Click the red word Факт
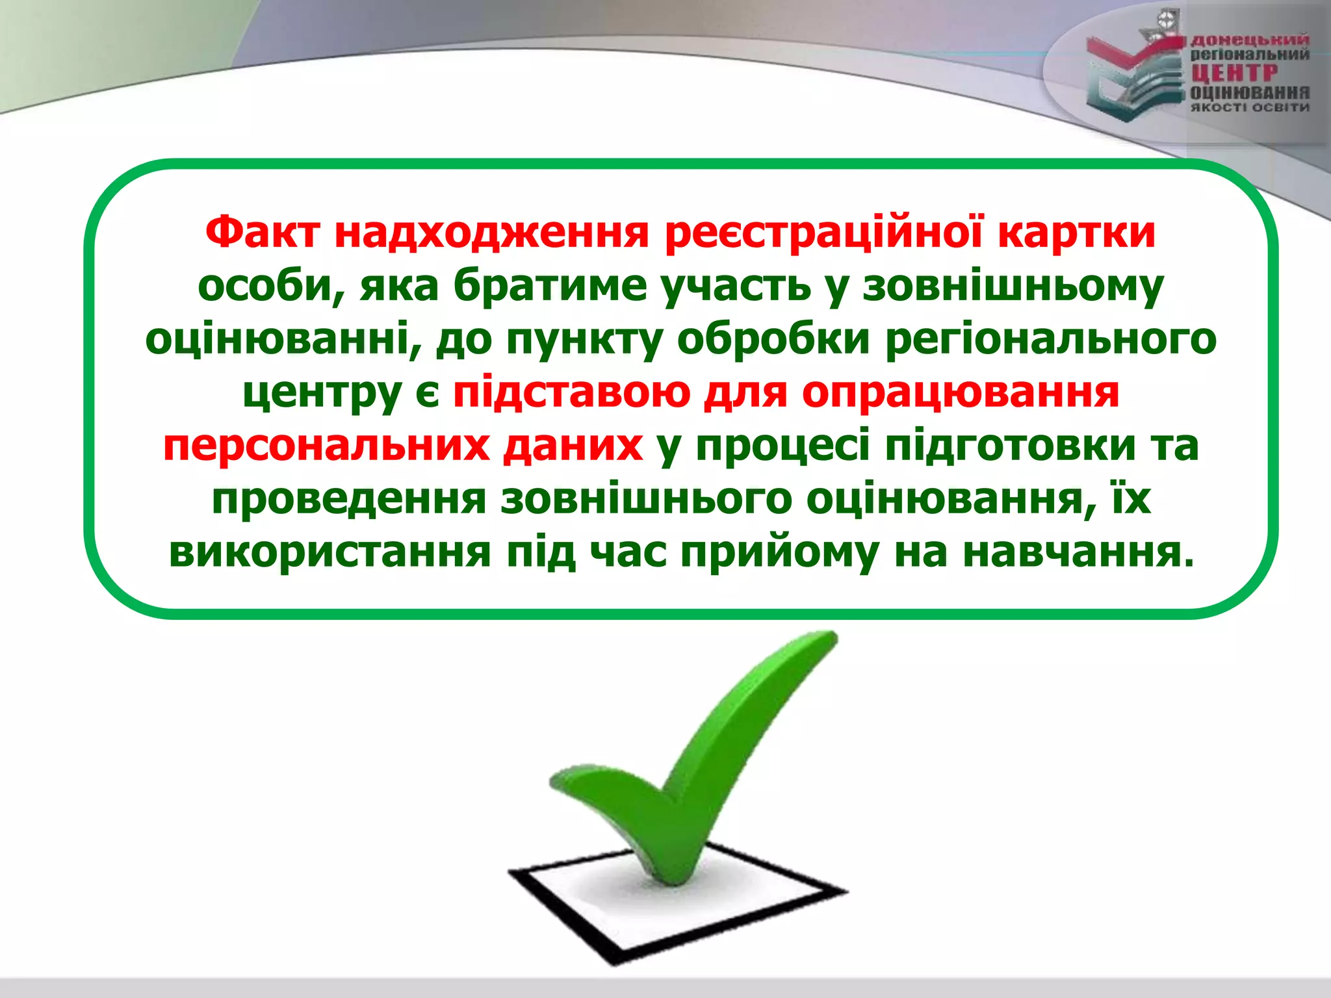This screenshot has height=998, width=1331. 262,232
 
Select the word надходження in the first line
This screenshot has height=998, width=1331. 491,232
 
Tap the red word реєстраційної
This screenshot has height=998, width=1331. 823,232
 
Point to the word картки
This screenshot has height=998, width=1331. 1076,232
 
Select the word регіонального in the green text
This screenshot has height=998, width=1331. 1051,339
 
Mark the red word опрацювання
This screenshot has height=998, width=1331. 961,392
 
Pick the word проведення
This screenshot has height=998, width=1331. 349,499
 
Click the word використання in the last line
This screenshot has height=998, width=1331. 330,552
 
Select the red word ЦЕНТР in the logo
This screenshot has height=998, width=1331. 1234,73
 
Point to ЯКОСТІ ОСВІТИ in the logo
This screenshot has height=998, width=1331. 1249,107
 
